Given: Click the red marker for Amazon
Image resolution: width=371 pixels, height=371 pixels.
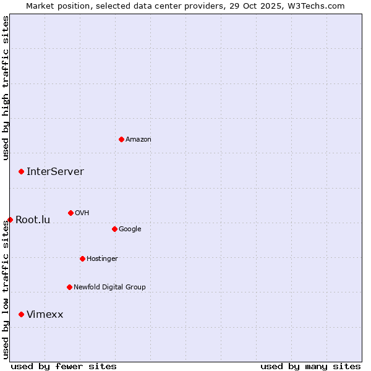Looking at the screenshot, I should [x=121, y=139].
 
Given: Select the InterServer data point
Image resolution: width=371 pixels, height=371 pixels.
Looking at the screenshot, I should [x=21, y=171].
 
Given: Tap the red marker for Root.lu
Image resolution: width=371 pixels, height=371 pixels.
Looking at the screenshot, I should [x=10, y=220].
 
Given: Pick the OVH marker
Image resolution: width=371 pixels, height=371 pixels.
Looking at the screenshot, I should [x=70, y=213].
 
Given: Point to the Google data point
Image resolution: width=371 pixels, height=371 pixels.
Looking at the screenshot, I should [x=114, y=229].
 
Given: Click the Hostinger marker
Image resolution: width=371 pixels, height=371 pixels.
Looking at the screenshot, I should [x=82, y=258].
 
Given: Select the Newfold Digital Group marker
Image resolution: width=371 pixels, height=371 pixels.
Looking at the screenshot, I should [x=69, y=287].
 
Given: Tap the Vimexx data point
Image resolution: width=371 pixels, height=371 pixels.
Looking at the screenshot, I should [x=21, y=314].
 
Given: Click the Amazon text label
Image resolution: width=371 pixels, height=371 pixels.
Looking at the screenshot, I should [x=139, y=140].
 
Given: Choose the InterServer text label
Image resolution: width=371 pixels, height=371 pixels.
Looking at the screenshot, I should [x=55, y=172].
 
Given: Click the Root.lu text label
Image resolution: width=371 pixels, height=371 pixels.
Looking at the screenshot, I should [x=33, y=220].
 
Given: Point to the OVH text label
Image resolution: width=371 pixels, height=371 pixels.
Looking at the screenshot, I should [x=82, y=213].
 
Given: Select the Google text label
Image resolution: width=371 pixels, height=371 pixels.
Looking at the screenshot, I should [x=130, y=229].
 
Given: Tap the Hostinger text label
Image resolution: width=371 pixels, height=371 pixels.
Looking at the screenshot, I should [x=102, y=259].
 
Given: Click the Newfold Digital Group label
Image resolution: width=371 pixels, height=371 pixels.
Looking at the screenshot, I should [x=109, y=288].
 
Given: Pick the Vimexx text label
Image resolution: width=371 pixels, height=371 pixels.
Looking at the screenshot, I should [x=45, y=315].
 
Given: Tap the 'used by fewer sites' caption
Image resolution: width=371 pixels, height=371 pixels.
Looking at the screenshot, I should [x=64, y=366].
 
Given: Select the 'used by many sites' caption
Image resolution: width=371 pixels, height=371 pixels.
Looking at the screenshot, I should [x=310, y=366].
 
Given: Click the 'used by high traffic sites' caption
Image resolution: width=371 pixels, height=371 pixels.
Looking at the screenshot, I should [x=6, y=88].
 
